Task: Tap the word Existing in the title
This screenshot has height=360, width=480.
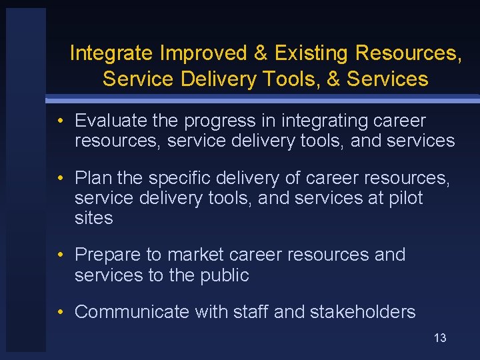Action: click(x=312, y=53)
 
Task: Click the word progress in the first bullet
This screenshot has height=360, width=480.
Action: click(x=221, y=121)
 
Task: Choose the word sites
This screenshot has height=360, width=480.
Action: click(x=93, y=219)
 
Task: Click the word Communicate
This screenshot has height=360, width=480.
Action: click(x=132, y=312)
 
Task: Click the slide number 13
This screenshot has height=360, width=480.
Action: click(x=440, y=338)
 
